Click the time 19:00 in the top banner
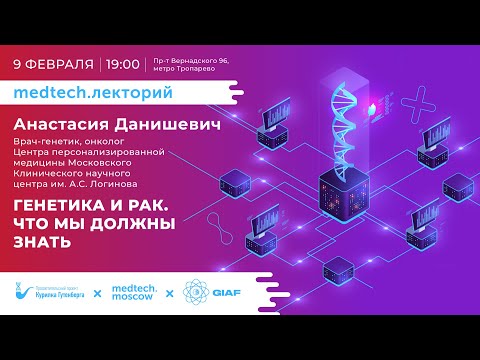(122, 63)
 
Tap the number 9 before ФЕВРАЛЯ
(19, 63)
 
